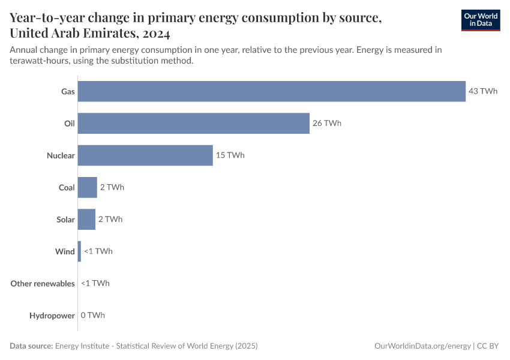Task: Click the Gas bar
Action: (271, 91)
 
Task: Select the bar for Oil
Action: (193, 123)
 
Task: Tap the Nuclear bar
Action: (145, 155)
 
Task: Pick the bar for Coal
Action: (88, 187)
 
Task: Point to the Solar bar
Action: (86, 219)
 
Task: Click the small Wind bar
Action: (79, 251)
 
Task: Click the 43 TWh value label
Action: (483, 91)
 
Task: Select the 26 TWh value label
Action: (327, 123)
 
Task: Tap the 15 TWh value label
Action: (230, 155)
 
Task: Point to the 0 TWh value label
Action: (92, 315)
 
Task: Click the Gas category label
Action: (68, 91)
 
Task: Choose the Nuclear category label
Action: (61, 155)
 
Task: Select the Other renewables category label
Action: (43, 283)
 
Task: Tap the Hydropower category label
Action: (52, 315)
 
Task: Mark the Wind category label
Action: (65, 251)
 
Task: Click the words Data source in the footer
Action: (31, 346)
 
